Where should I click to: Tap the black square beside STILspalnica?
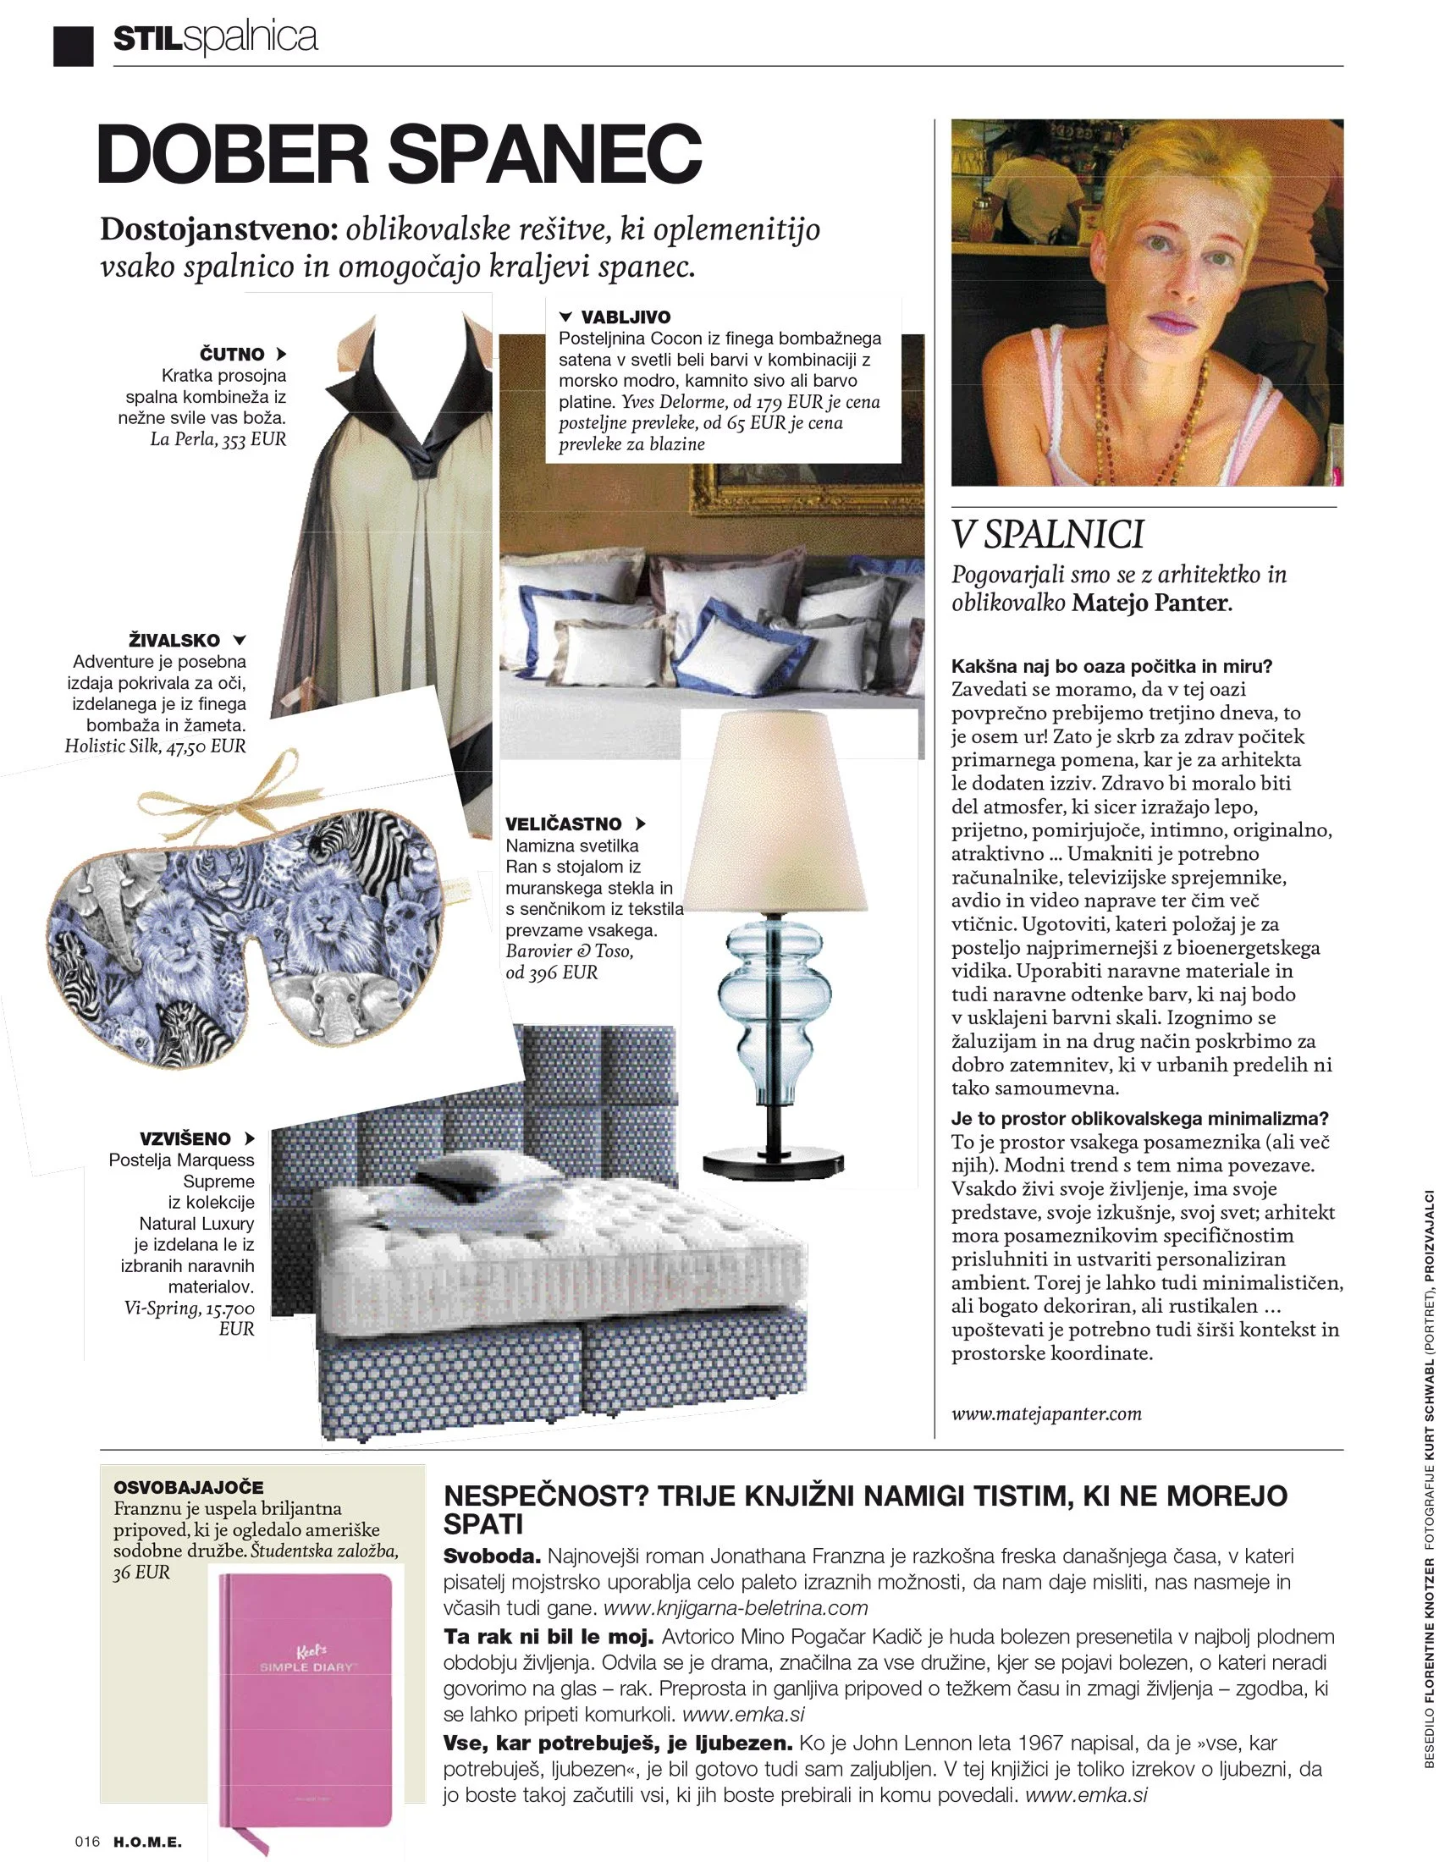click(x=73, y=45)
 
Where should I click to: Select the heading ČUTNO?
click(x=232, y=354)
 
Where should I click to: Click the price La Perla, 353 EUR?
click(x=218, y=440)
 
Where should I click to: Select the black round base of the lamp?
click(x=773, y=1163)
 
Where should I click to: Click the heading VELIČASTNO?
click(x=564, y=824)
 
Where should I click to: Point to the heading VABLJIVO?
click(x=626, y=317)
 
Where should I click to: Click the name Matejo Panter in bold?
click(x=1150, y=603)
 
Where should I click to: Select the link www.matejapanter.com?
click(x=1046, y=1413)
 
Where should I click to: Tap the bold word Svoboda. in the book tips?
click(x=492, y=1556)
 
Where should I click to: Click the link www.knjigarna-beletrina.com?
click(x=735, y=1608)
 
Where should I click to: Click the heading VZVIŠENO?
click(x=185, y=1139)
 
